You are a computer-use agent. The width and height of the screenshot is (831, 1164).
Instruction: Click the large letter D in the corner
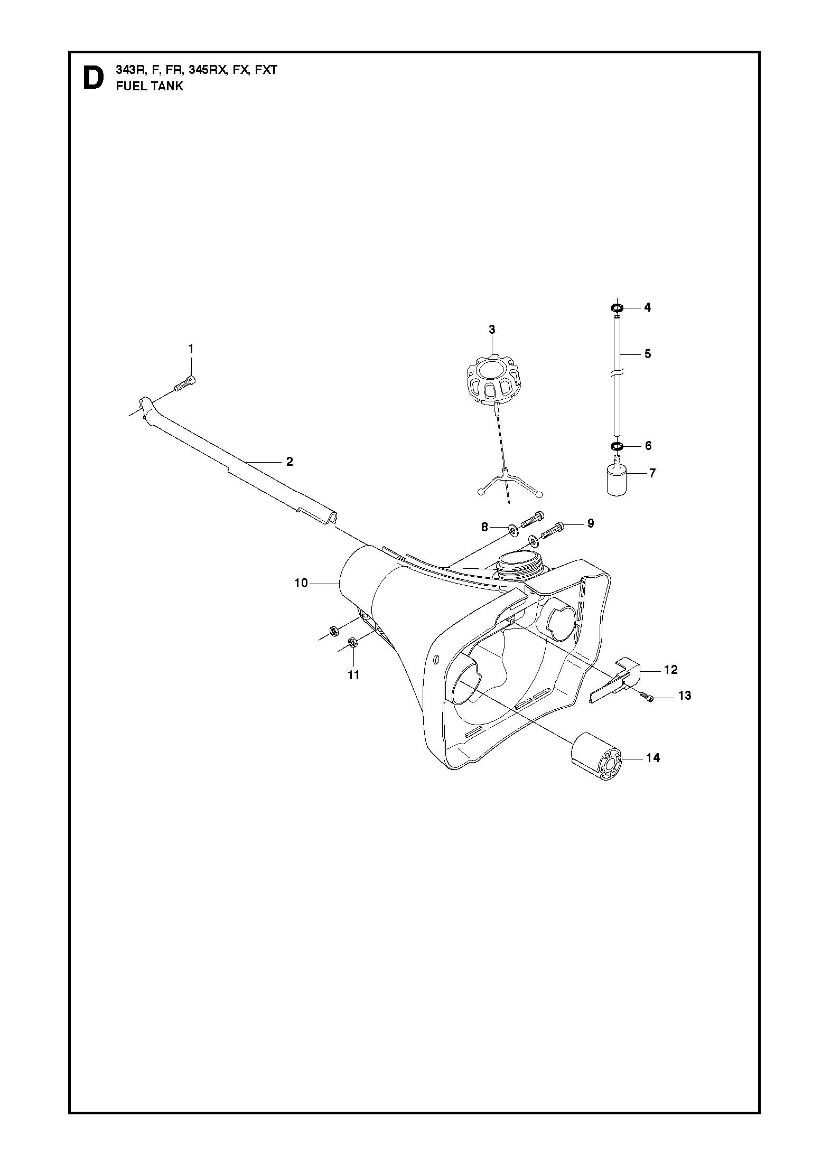pyautogui.click(x=94, y=78)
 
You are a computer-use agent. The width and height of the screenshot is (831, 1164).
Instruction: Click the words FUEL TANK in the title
pyautogui.click(x=150, y=87)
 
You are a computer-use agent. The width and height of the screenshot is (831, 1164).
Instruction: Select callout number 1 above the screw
pyautogui.click(x=191, y=349)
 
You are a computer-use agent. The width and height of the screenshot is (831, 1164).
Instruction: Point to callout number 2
pyautogui.click(x=290, y=461)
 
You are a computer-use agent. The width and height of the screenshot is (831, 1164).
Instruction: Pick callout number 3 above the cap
pyautogui.click(x=492, y=330)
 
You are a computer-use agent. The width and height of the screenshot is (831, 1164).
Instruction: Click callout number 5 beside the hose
pyautogui.click(x=648, y=354)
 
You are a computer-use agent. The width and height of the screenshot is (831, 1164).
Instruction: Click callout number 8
pyautogui.click(x=484, y=526)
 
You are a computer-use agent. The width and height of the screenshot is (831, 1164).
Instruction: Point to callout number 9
pyautogui.click(x=591, y=523)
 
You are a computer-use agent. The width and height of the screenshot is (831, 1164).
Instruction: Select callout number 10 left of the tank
pyautogui.click(x=301, y=584)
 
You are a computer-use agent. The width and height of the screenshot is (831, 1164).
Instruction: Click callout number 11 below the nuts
pyautogui.click(x=353, y=674)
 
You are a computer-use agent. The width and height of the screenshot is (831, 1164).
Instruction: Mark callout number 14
pyautogui.click(x=653, y=758)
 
